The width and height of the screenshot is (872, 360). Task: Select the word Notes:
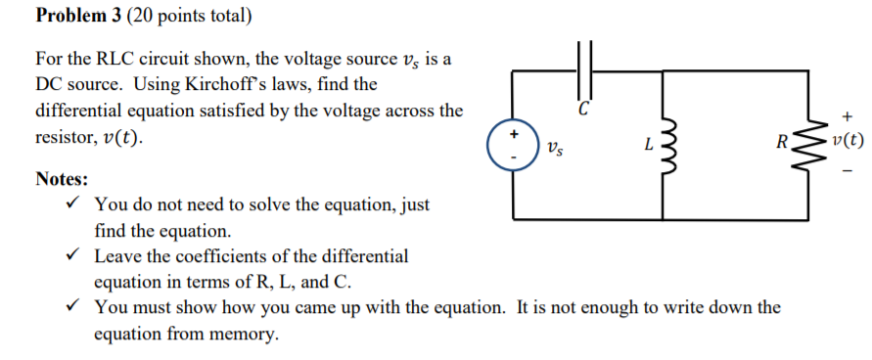[x=62, y=180]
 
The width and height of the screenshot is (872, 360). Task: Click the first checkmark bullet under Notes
[x=69, y=204]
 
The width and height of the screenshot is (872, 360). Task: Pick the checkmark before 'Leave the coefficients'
[x=69, y=256]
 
